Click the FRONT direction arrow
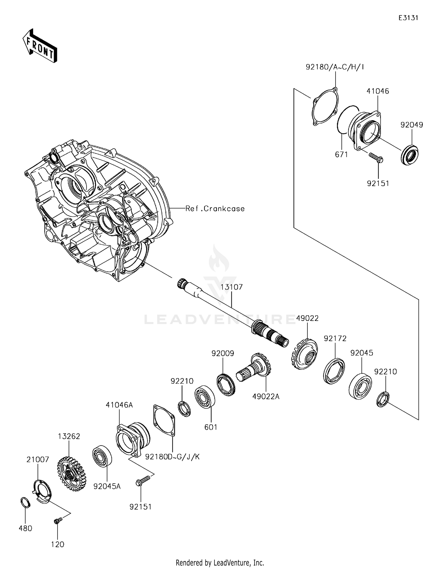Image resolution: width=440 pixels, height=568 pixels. [x=40, y=46]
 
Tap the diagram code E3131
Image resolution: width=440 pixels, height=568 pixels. [x=408, y=18]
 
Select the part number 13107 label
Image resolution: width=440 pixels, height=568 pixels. [x=231, y=287]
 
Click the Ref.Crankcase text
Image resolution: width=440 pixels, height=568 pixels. [x=215, y=209]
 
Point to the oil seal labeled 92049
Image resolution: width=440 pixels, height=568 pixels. [x=409, y=154]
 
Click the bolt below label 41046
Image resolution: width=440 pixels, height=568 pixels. [x=376, y=157]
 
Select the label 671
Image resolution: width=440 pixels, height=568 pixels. [x=341, y=154]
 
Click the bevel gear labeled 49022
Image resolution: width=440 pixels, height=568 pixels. [x=305, y=354]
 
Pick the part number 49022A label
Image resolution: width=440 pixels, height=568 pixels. [x=266, y=397]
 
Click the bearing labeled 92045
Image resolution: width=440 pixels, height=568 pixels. [x=360, y=386]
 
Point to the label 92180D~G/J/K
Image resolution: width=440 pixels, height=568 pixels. [x=172, y=457]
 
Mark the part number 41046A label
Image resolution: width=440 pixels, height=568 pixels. [x=119, y=405]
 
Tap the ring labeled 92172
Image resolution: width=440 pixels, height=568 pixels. [x=334, y=371]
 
